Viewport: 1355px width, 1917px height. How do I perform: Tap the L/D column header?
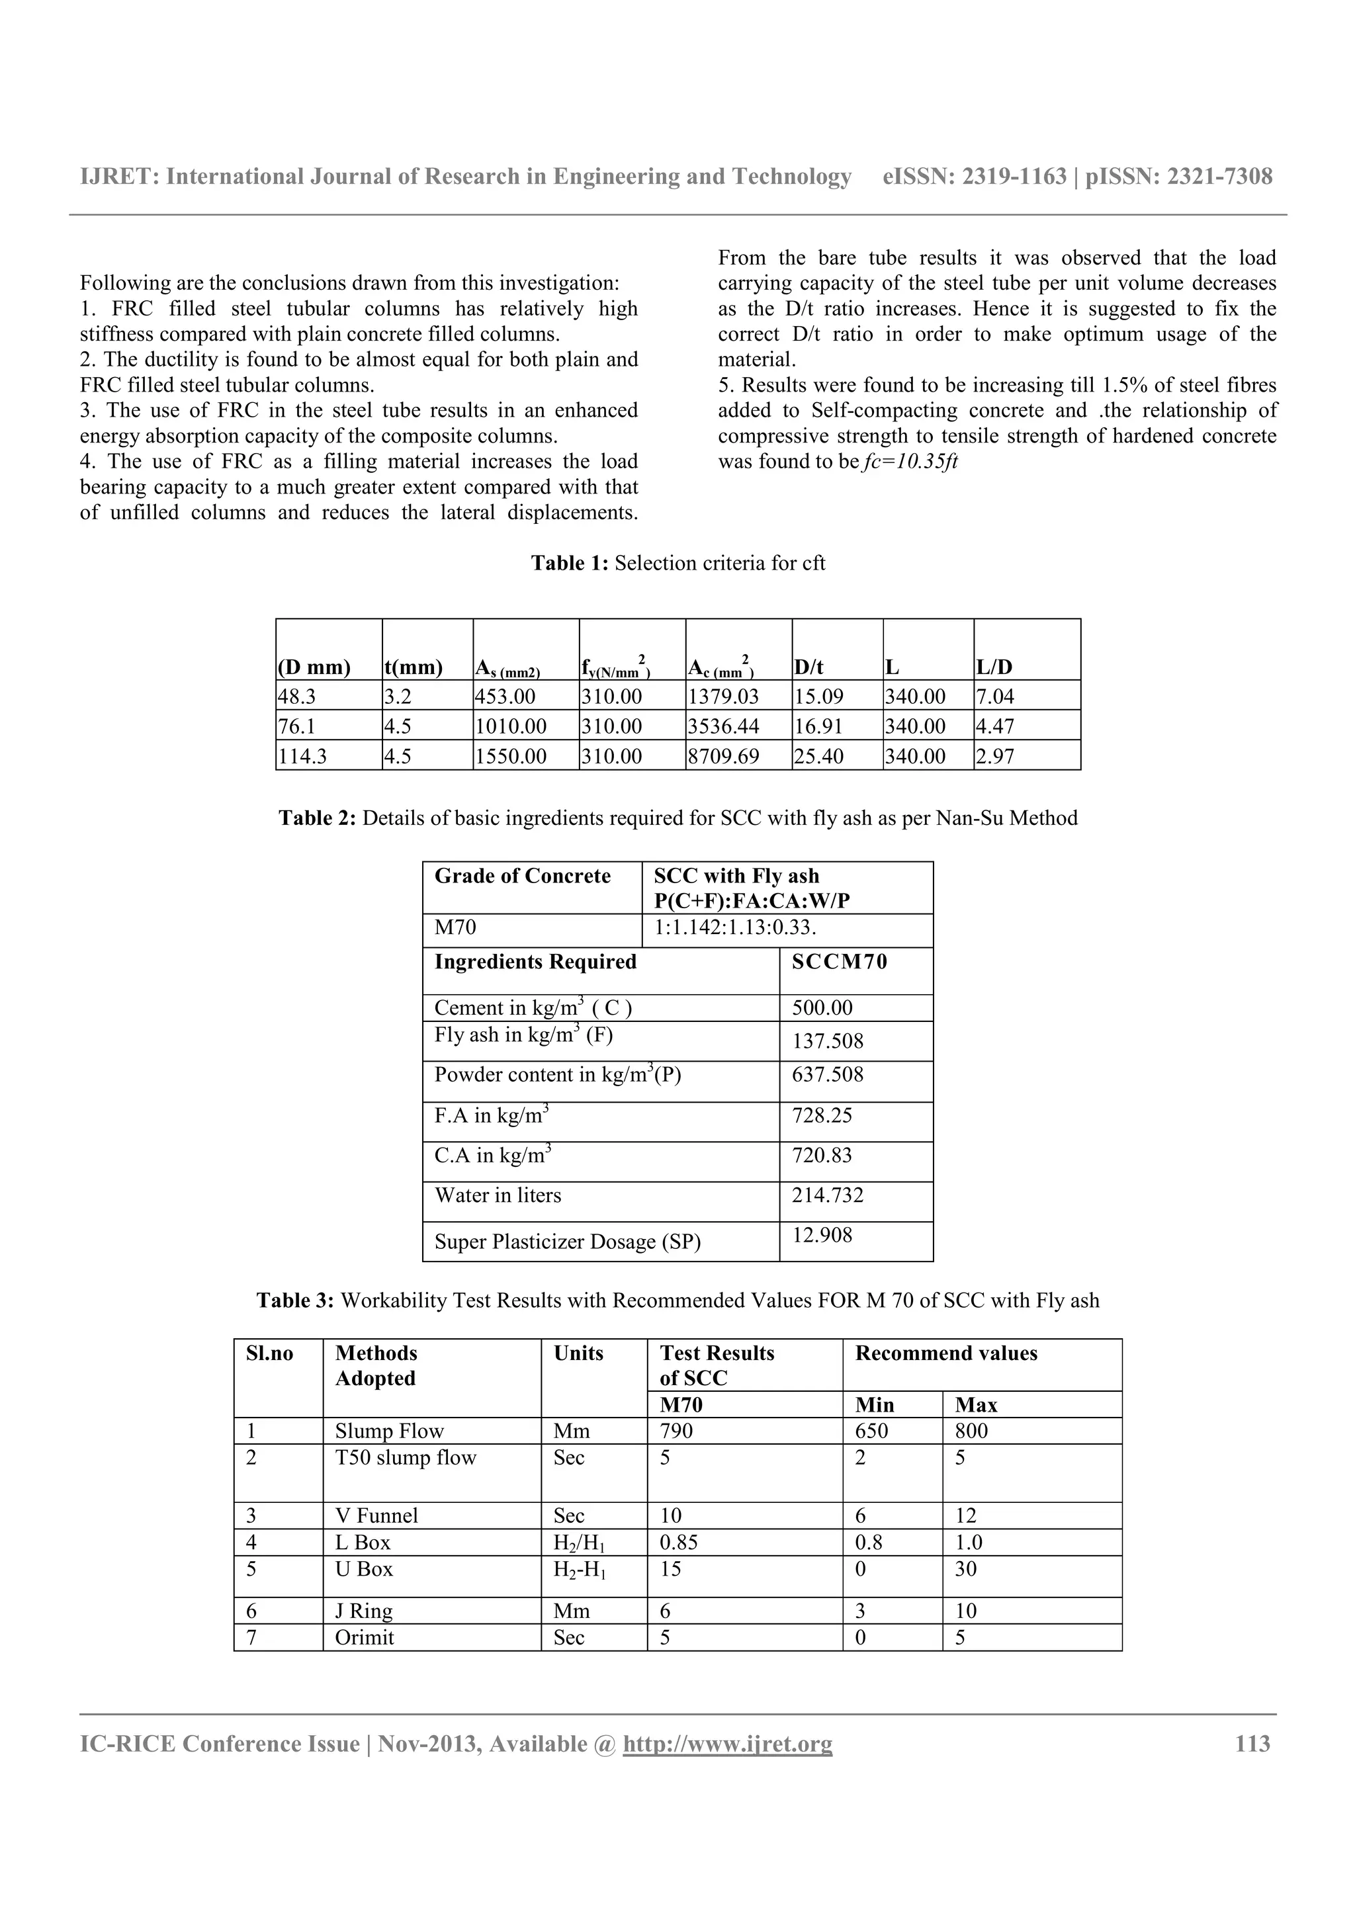click(x=994, y=667)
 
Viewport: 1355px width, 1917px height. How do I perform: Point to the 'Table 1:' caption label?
click(x=570, y=563)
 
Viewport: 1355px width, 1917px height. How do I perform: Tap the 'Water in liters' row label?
click(x=498, y=1195)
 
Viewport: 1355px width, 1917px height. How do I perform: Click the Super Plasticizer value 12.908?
click(x=822, y=1235)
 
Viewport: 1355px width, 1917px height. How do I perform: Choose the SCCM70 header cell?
click(x=839, y=962)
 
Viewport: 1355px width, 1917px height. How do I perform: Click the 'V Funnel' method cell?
click(x=376, y=1515)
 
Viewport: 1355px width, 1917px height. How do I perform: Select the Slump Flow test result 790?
click(x=676, y=1431)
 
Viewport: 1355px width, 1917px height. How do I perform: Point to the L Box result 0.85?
click(x=678, y=1542)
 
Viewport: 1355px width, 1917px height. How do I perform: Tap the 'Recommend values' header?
click(x=946, y=1353)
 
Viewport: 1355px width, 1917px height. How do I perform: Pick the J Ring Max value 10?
click(x=965, y=1611)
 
